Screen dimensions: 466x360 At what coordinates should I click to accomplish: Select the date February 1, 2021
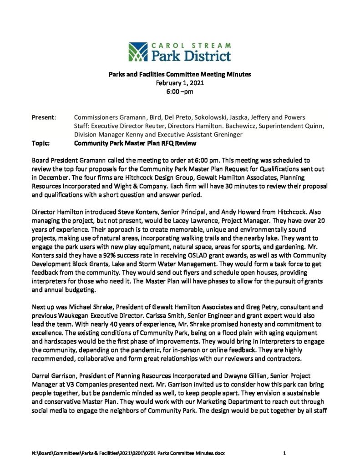click(179, 83)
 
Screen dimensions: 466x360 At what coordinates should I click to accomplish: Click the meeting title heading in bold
click(179, 74)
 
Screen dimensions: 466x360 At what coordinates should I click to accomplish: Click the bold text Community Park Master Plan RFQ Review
click(135, 143)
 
